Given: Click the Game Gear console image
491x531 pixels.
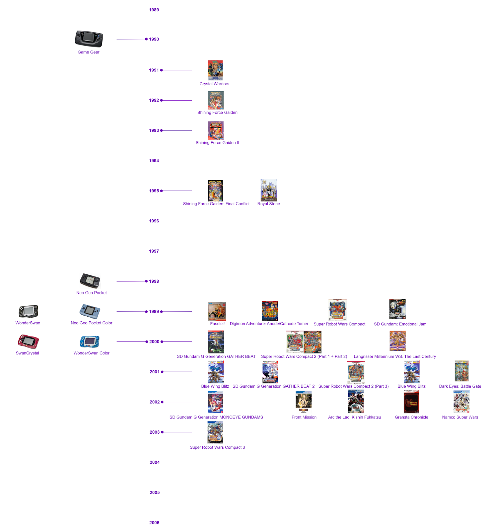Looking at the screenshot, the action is (x=89, y=39).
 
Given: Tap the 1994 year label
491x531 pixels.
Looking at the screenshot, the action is (x=154, y=161).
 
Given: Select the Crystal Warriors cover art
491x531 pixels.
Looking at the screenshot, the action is (x=215, y=70).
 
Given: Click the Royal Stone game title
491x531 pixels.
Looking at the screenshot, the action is (x=269, y=204).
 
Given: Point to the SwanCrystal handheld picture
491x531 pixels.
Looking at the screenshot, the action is (x=28, y=341).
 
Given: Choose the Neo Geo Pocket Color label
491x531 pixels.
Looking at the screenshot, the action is (x=92, y=323).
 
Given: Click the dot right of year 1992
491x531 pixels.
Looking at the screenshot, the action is (x=162, y=100).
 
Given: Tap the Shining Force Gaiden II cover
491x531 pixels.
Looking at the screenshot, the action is (x=216, y=130).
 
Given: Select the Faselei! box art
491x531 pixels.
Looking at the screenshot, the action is (x=217, y=311).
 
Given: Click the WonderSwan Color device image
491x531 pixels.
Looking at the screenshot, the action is (x=90, y=341).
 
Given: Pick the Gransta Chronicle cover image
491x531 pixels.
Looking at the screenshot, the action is (x=411, y=402).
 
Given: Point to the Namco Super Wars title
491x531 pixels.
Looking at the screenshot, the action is (x=460, y=417).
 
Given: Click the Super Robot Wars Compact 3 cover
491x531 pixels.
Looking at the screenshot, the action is (x=215, y=432).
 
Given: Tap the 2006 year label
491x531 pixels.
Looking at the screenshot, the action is (x=154, y=523).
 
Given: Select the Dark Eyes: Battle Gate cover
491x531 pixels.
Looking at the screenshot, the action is (x=461, y=371).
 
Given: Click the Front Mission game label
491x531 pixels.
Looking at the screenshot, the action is (x=304, y=417).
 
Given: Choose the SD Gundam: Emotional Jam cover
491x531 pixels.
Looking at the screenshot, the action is (x=397, y=309).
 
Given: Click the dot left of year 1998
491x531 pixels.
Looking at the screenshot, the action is (x=146, y=281).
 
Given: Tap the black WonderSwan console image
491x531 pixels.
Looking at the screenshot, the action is (x=29, y=311).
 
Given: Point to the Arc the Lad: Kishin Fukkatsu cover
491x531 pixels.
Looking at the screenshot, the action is (x=356, y=402).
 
